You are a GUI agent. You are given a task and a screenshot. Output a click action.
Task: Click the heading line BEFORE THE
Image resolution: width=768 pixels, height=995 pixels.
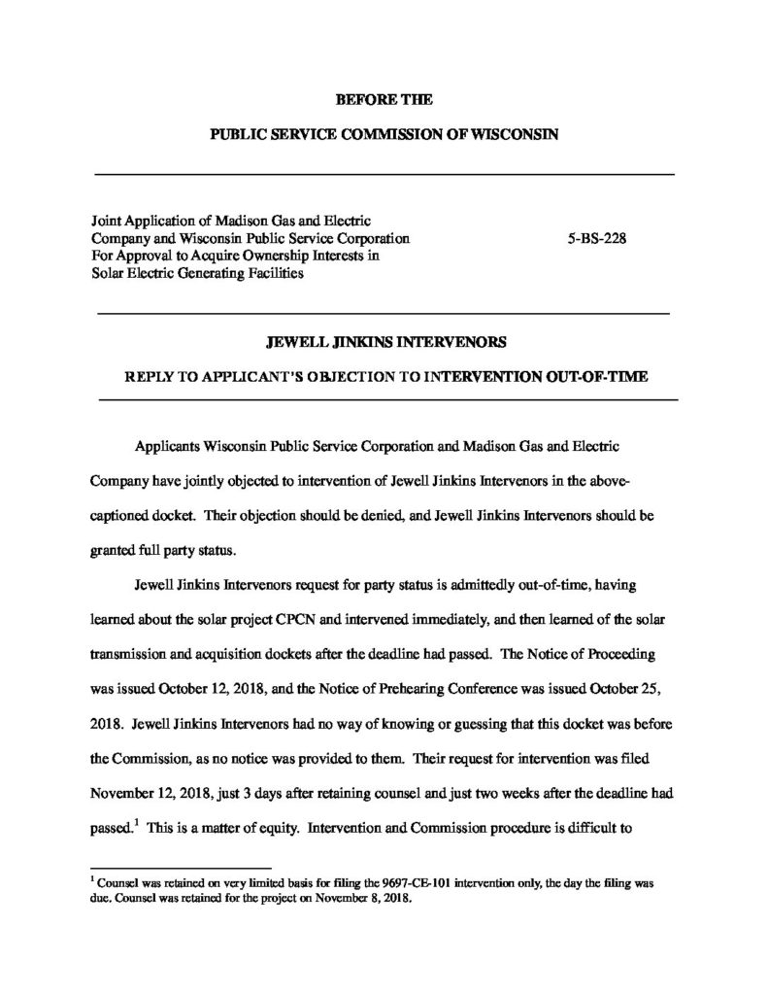[x=384, y=99]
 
